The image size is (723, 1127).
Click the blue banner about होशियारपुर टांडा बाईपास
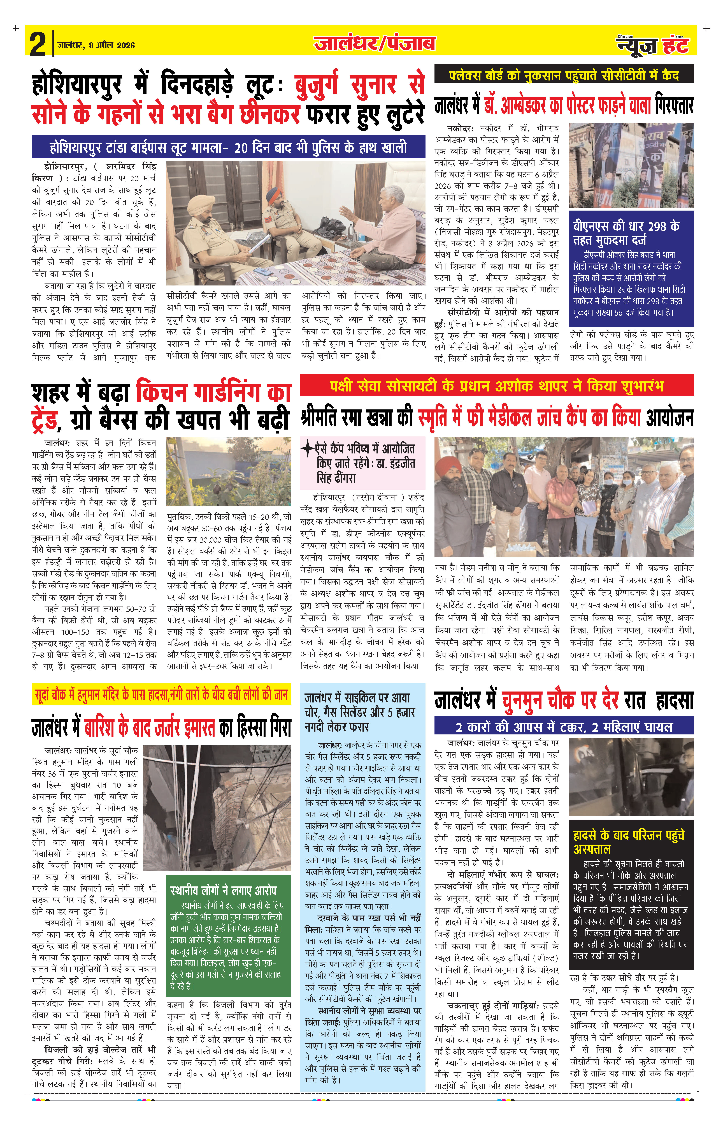(228, 147)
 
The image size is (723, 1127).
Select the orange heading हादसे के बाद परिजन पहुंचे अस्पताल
(629, 842)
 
